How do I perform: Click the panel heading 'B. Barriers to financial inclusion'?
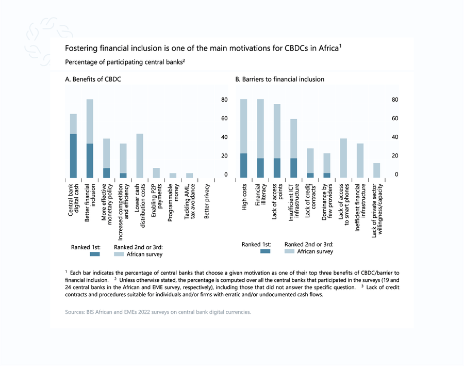click(280, 79)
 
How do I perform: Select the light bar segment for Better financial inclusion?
click(90, 121)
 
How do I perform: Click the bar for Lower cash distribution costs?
click(140, 156)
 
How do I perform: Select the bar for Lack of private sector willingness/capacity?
click(376, 170)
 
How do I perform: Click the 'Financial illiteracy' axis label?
click(261, 199)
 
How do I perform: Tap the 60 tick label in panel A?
click(224, 119)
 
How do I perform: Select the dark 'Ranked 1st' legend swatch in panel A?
click(94, 254)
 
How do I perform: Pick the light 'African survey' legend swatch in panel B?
click(289, 251)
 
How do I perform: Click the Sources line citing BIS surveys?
click(158, 312)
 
